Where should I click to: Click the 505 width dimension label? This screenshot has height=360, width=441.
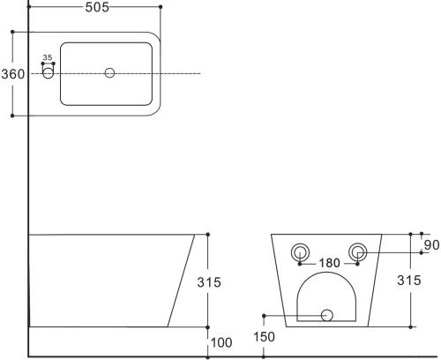(x=97, y=7)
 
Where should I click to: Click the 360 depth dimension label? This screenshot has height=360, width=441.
(x=13, y=74)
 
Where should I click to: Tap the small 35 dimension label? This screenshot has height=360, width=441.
(x=48, y=57)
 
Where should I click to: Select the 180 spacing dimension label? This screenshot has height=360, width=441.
(x=329, y=263)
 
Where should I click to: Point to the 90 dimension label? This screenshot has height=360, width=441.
(x=431, y=245)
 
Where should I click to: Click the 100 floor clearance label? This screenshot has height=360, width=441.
(x=221, y=342)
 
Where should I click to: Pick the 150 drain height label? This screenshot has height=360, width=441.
(x=264, y=337)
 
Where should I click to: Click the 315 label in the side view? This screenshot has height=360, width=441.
(x=209, y=282)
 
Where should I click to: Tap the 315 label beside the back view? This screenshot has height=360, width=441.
(x=409, y=281)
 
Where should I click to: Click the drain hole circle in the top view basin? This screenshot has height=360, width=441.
(x=109, y=72)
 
